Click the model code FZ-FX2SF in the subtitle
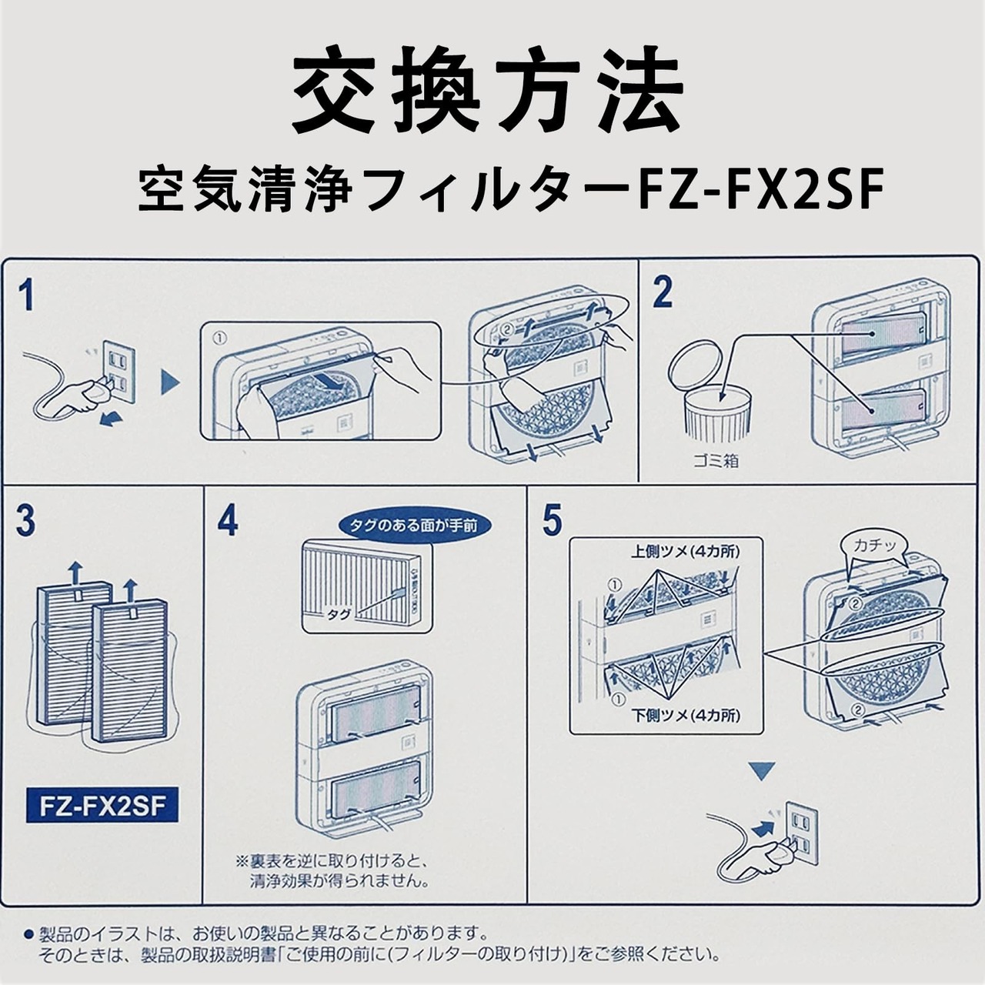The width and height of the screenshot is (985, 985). (759, 190)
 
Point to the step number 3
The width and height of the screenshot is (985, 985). (25, 521)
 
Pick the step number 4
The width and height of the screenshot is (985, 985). (228, 519)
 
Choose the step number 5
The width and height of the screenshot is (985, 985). (553, 520)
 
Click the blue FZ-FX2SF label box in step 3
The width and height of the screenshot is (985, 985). (102, 806)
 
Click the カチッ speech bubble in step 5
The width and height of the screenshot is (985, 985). (875, 546)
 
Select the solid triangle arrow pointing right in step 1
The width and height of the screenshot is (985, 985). (170, 382)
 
